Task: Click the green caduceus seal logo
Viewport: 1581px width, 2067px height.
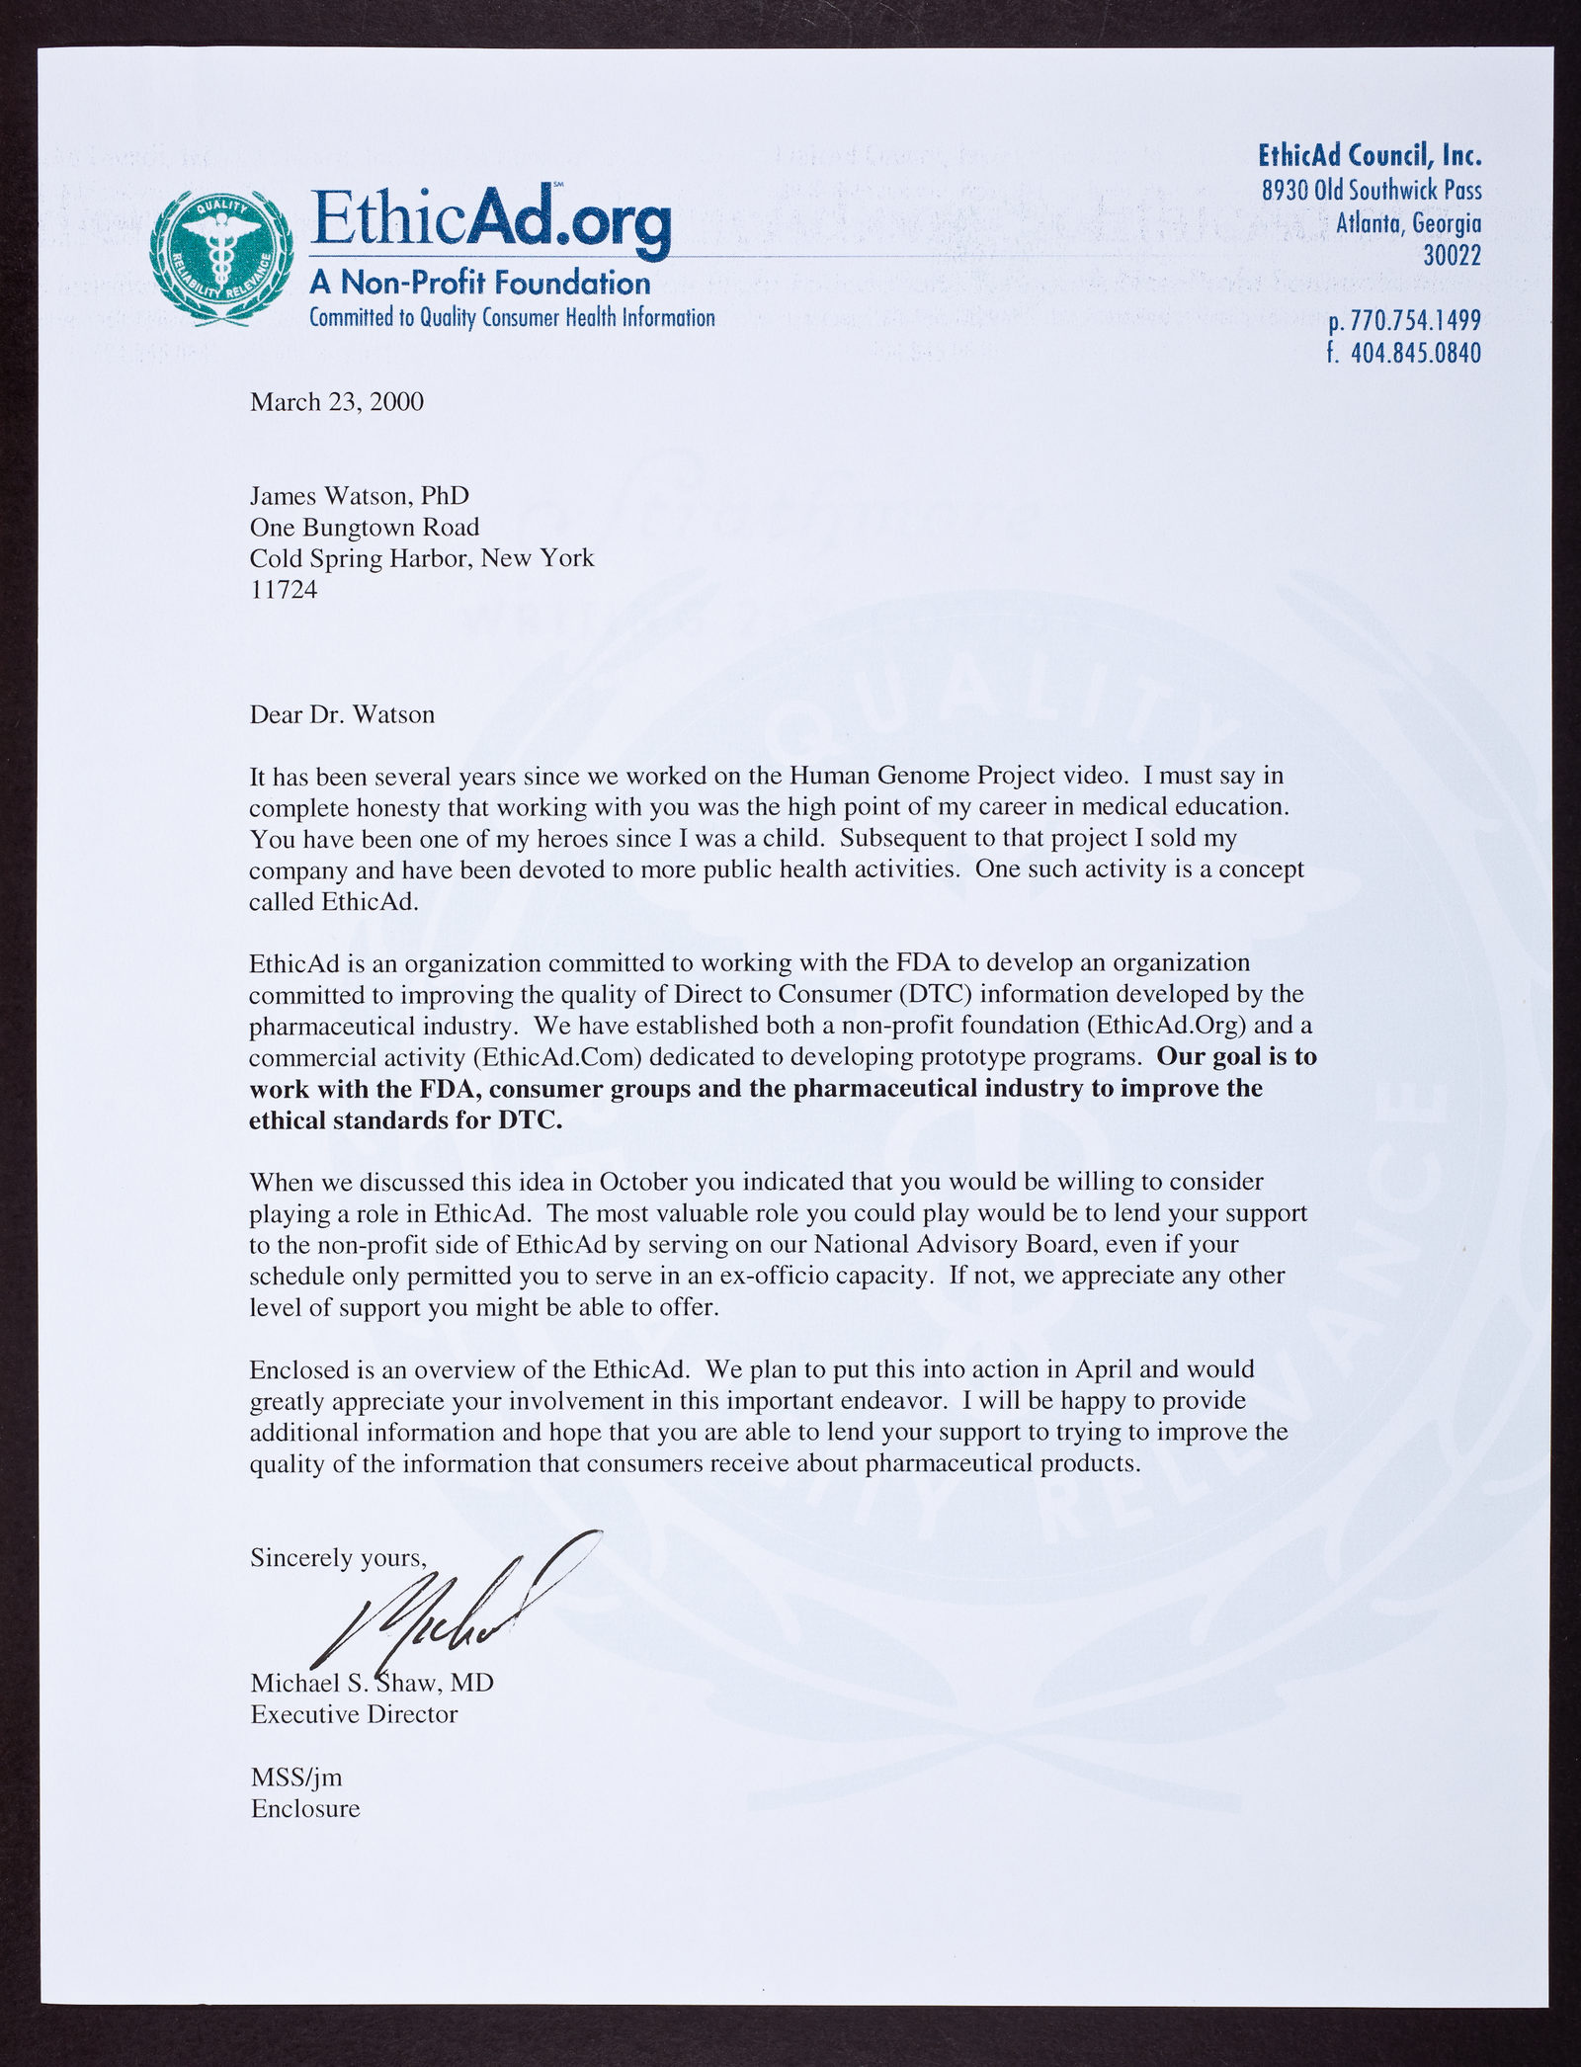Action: coord(219,252)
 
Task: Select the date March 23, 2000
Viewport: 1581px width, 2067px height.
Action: coord(337,402)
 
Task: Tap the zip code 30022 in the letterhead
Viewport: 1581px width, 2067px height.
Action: coord(1452,257)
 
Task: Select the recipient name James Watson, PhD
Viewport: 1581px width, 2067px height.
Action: coord(360,495)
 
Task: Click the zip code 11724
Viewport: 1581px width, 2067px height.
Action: coord(285,590)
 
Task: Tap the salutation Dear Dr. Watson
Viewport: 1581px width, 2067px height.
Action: coord(342,714)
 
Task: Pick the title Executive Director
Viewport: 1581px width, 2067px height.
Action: coord(354,1714)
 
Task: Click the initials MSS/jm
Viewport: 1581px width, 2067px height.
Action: coord(296,1778)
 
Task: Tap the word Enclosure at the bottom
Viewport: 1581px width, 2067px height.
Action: coord(304,1809)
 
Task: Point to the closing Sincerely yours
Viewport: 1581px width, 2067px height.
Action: coord(338,1558)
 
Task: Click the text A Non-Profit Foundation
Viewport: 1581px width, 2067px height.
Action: coord(480,285)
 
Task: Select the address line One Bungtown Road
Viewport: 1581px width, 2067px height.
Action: coord(365,527)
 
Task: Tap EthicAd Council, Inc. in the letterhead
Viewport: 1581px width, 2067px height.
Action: coord(1370,156)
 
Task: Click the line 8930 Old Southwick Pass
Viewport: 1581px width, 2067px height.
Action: coord(1372,191)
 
